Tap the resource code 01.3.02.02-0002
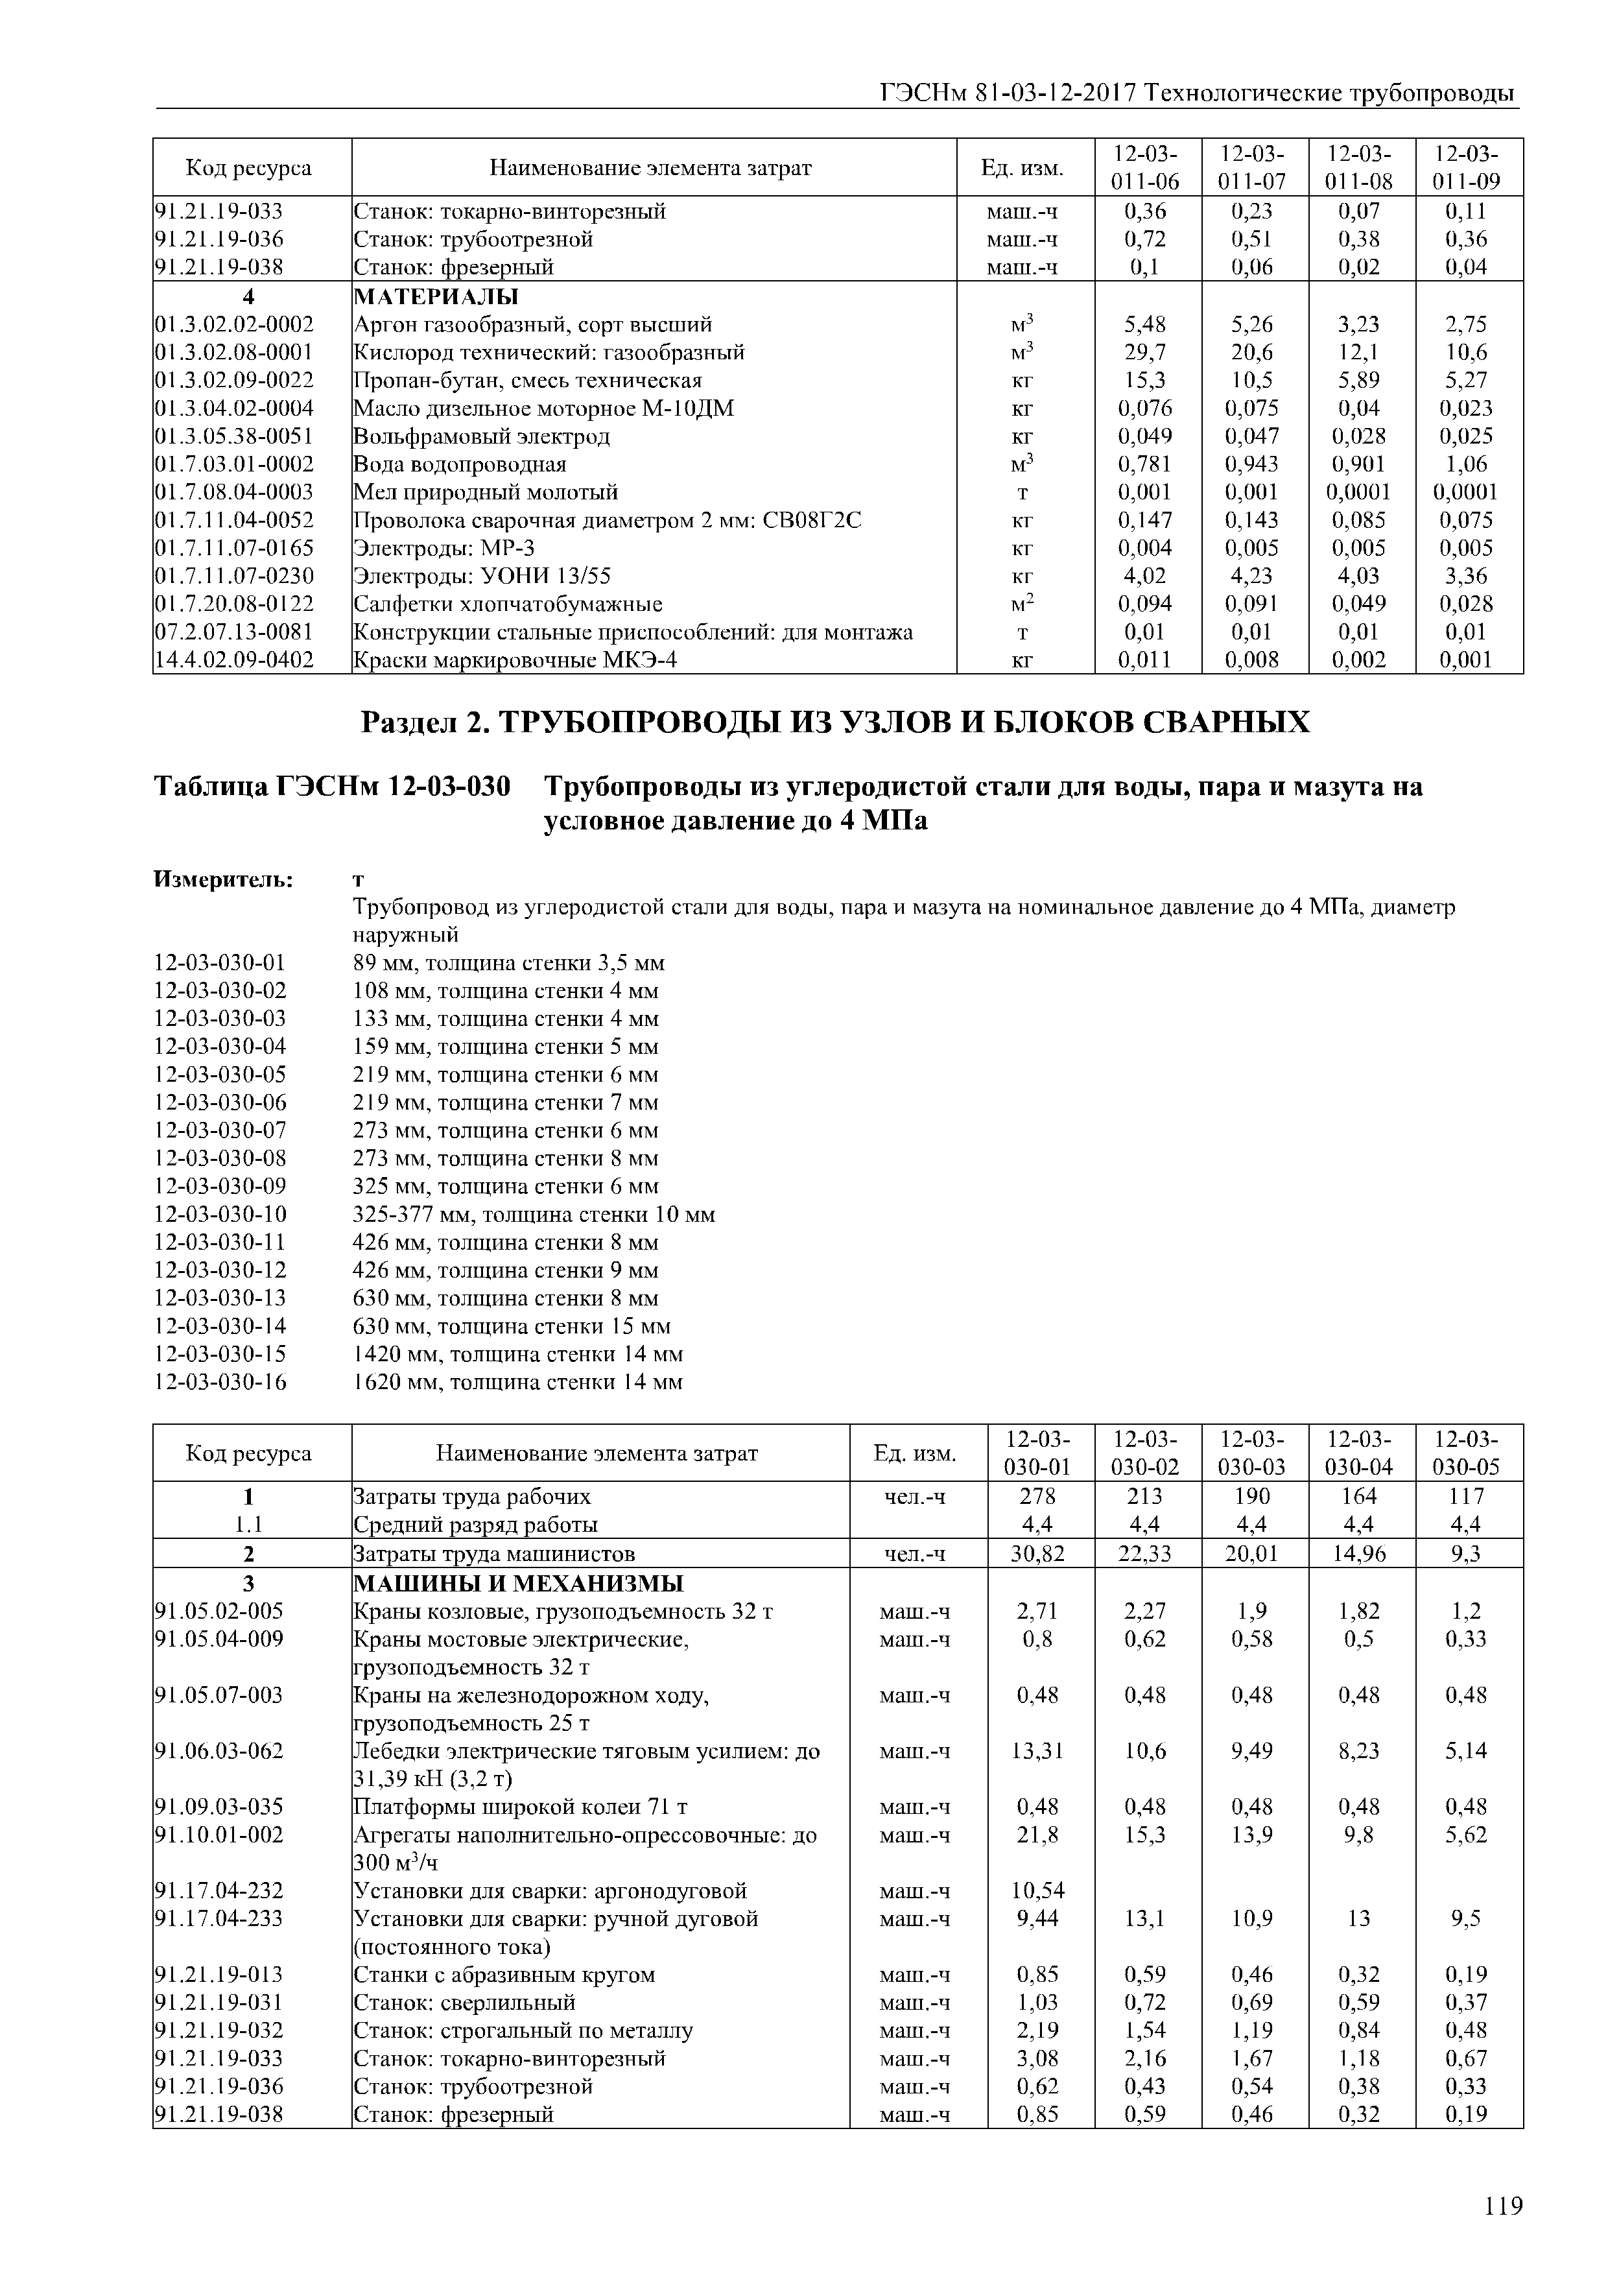coord(234,324)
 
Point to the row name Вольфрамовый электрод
coord(482,436)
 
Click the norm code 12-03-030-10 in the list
coord(220,1215)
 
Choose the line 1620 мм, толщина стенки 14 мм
coord(517,1382)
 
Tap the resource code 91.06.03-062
coord(219,1751)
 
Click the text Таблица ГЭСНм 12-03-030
coord(332,788)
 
